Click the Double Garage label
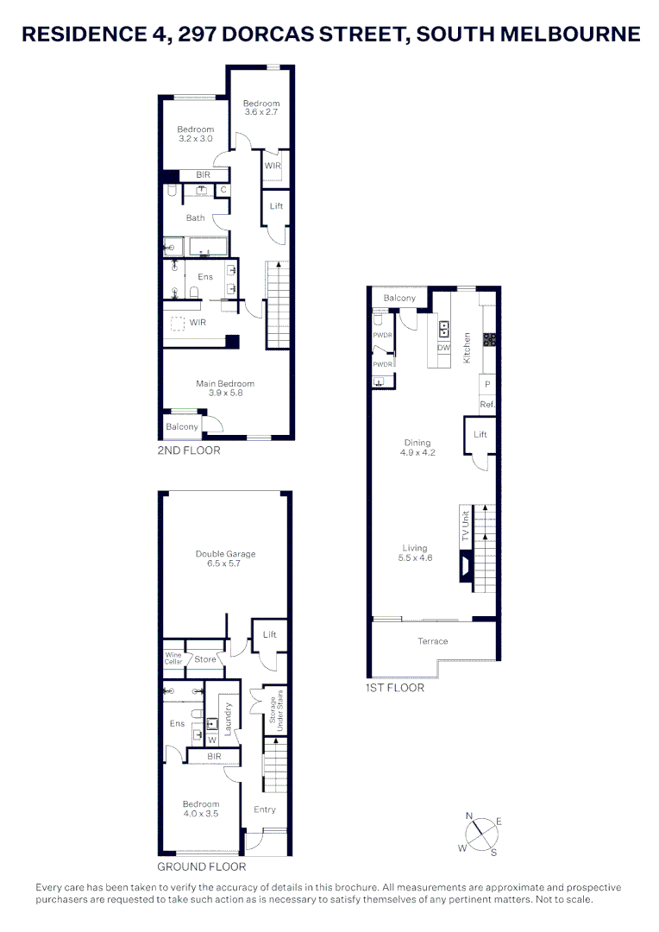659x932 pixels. coord(225,559)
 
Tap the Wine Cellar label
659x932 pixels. coord(174,659)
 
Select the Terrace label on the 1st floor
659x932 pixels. coord(433,641)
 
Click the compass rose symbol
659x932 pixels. coord(480,834)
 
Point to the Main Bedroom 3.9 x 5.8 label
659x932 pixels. coord(225,388)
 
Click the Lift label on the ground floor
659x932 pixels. coord(269,634)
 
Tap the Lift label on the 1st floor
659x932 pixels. coord(480,434)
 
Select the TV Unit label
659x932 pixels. coord(465,526)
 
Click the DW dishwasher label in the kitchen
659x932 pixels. coord(444,348)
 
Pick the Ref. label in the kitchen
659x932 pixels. coord(487,404)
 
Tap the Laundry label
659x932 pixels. coord(229,718)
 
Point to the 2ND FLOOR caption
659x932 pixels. coord(189,450)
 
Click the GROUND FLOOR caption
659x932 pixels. coord(201,866)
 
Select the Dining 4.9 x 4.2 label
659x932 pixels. coord(417,448)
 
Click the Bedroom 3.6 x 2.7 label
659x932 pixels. coord(261,108)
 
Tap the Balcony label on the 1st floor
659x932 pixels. coord(399,299)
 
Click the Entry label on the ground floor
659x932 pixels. coord(265,809)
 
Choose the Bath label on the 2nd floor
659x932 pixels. coord(196,217)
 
